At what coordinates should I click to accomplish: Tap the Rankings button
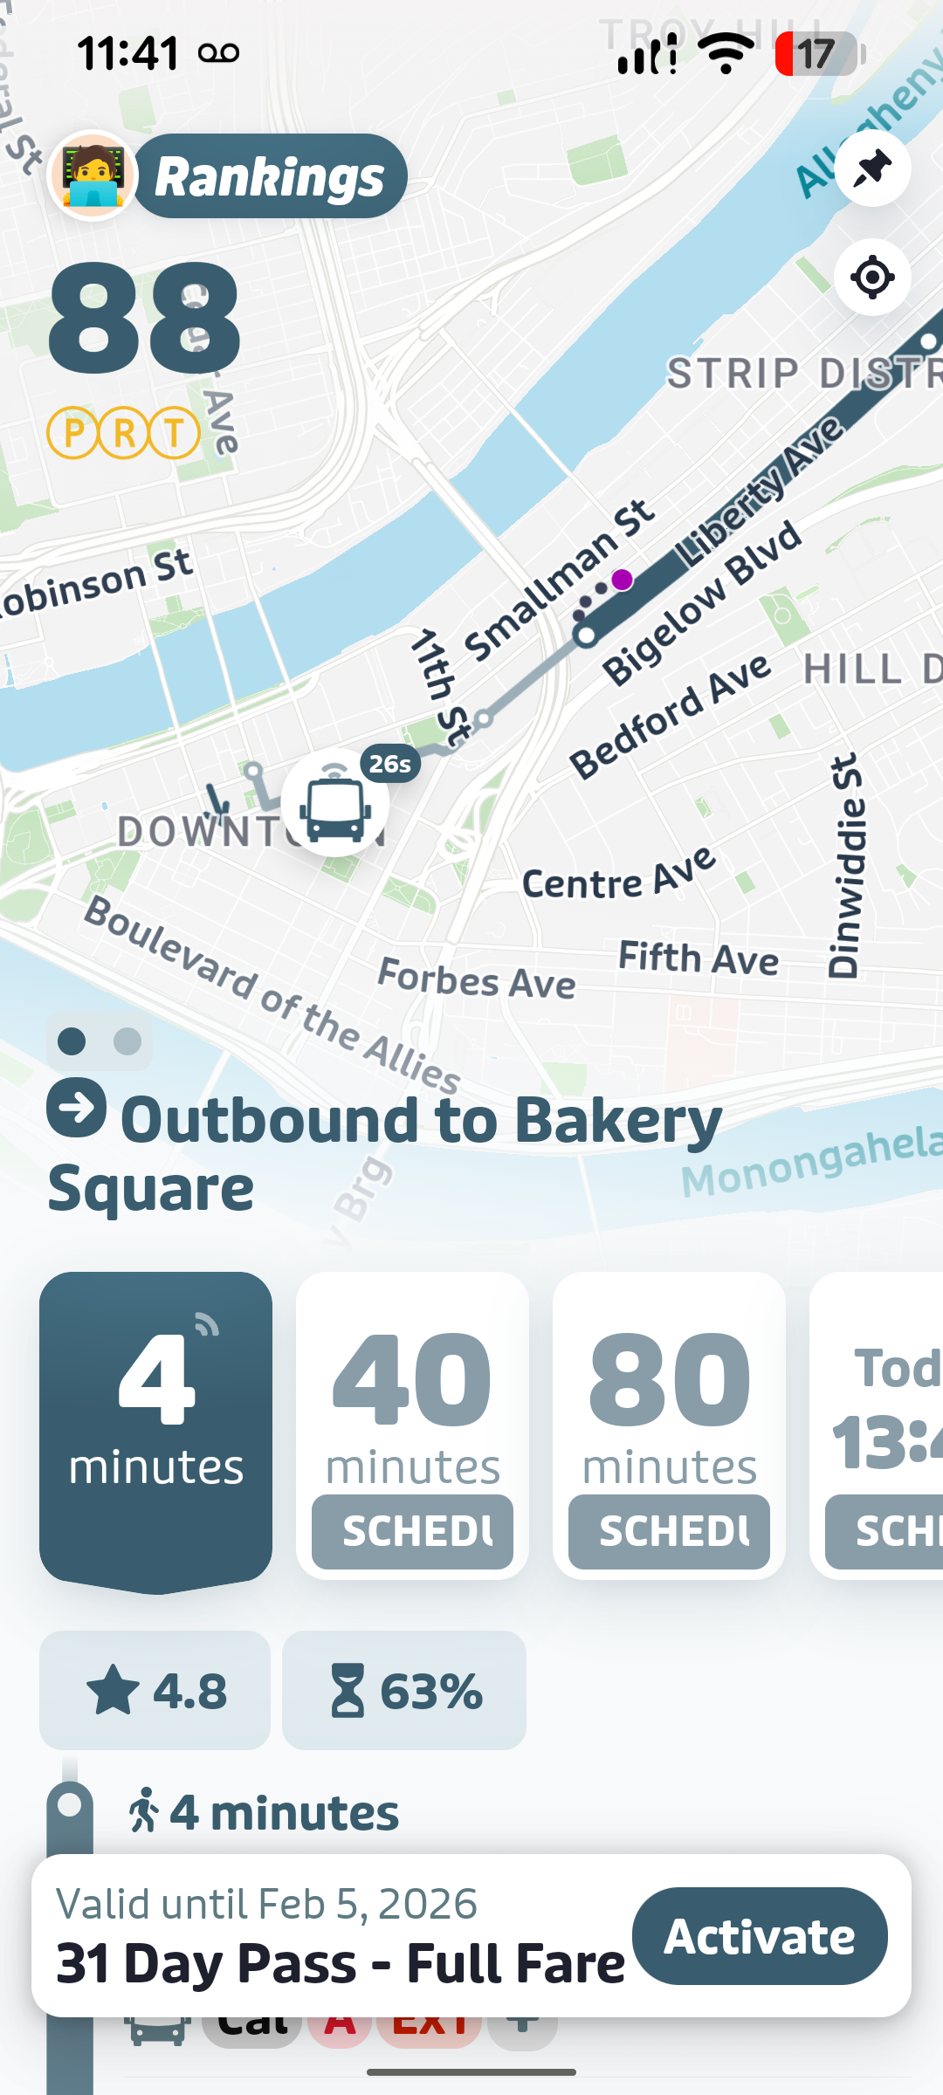pos(270,177)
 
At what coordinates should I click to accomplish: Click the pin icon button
pos(872,168)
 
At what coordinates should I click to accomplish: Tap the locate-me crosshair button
pos(872,278)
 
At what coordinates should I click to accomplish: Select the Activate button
pos(760,1936)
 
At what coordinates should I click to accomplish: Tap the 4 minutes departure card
pos(156,1427)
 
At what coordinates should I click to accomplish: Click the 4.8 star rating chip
pos(155,1691)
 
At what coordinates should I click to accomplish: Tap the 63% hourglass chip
pos(404,1691)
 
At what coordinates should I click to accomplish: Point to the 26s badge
pos(389,764)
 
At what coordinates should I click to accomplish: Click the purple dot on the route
pos(622,580)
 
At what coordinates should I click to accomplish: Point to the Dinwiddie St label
pos(845,866)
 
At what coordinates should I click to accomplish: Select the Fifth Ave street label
pos(699,958)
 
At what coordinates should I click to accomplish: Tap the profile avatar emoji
pos(92,175)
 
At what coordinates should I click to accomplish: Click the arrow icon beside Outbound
pos(77,1108)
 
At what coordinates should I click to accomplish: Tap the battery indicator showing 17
pos(818,54)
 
